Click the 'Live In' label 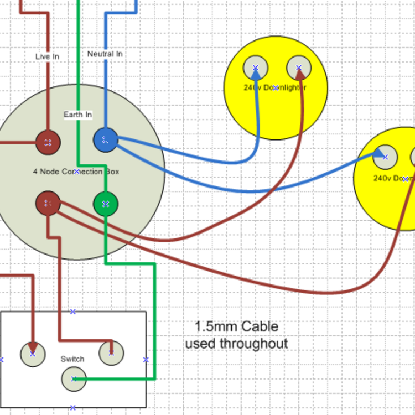point(47,56)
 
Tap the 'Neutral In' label point(105,54)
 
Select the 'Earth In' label point(77,115)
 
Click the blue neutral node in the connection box point(106,141)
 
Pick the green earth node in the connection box point(106,204)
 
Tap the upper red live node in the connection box point(48,142)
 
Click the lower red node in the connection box point(48,203)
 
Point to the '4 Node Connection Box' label point(76,172)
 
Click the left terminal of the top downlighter point(256,68)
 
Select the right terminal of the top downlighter point(299,68)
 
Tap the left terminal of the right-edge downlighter point(385,157)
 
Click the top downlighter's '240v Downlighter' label point(275,87)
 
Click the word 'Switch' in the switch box point(72,359)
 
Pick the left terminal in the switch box point(33,354)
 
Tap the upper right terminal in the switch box point(111,352)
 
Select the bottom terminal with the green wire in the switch point(74,379)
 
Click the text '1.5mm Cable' point(237,326)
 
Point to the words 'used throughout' point(236,344)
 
